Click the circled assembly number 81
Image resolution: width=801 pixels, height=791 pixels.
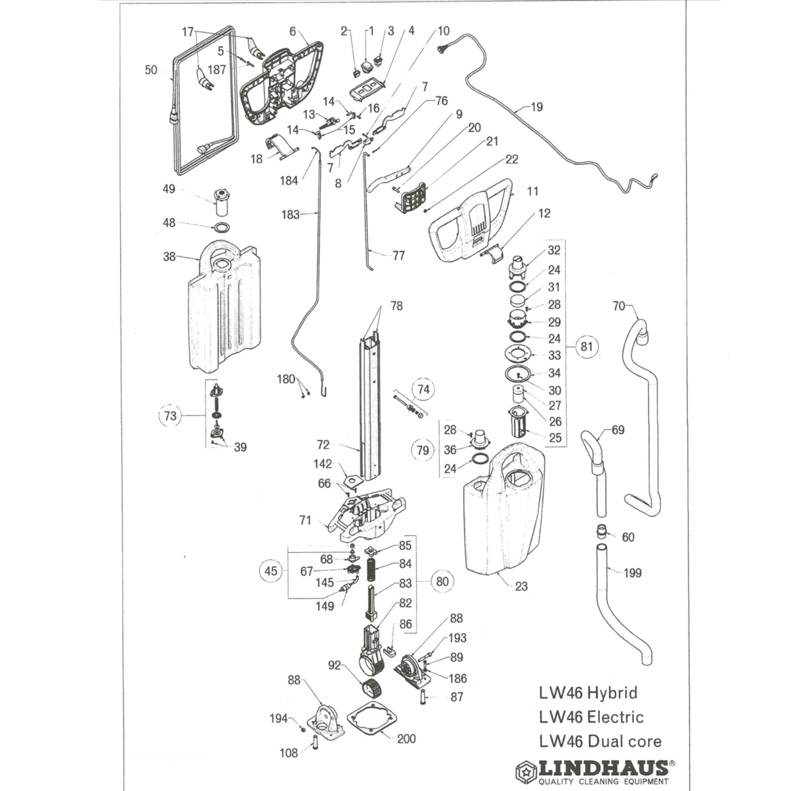click(x=586, y=347)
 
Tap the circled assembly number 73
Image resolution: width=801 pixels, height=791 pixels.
click(x=170, y=416)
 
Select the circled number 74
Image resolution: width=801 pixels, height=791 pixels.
click(x=424, y=389)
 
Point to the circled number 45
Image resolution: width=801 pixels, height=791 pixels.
click(x=270, y=571)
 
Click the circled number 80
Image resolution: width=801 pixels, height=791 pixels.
click(x=443, y=581)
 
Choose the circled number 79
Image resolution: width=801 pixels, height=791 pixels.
click(x=422, y=450)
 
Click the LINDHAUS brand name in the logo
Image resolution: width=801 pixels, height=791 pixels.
click(x=603, y=768)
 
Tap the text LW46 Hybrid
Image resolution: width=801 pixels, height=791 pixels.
click(x=588, y=693)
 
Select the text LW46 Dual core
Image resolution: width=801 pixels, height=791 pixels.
click(x=600, y=741)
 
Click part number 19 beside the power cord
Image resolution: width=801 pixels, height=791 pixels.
click(x=537, y=107)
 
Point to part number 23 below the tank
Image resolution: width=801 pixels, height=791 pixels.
click(x=521, y=586)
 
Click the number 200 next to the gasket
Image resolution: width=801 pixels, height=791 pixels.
click(x=406, y=738)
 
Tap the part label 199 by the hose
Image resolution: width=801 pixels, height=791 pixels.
click(x=633, y=573)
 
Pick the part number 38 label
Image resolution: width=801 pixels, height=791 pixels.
click(x=169, y=256)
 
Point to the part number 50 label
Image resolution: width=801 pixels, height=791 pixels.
click(x=151, y=70)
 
